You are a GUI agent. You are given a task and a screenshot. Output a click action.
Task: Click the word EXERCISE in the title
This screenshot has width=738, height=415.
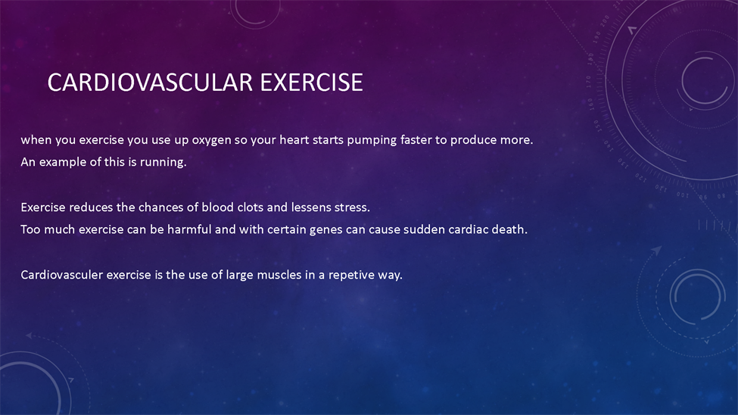click(x=312, y=83)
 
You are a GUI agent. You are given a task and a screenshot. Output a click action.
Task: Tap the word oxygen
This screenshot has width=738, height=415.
click(x=211, y=141)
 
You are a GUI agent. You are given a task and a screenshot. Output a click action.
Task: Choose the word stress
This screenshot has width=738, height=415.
click(x=352, y=207)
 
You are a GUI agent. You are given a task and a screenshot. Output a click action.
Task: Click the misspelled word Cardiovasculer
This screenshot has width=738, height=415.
click(x=61, y=275)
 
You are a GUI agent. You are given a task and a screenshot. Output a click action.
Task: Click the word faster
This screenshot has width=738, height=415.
click(x=416, y=140)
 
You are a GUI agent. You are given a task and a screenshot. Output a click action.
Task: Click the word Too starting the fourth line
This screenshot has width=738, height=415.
click(x=30, y=229)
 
